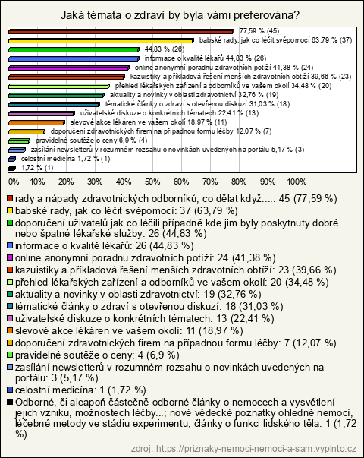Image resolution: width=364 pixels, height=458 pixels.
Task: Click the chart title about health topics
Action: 180,15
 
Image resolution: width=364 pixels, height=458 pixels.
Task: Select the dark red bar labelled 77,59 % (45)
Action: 121,32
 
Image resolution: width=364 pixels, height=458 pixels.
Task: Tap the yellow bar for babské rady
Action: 101,40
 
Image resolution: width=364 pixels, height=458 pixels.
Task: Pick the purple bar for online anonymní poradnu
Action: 69,68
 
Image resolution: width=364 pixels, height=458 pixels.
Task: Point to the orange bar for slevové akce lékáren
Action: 36,123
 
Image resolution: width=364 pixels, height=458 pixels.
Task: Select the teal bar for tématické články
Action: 55,104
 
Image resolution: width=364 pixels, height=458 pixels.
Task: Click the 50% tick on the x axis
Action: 152,182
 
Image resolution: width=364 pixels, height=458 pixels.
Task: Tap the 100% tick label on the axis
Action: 297,182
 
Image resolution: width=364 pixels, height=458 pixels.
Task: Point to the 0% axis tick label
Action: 14,182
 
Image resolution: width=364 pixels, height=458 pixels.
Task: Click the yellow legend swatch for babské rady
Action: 10,210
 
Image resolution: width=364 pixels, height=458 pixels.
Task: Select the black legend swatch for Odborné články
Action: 10,403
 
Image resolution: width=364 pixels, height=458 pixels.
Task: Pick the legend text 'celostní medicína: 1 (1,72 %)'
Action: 80,390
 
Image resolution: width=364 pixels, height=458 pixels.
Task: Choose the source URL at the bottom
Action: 243,449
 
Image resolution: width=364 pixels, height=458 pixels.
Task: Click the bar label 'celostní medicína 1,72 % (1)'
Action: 66,159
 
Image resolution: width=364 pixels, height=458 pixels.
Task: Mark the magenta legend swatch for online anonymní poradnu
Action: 10,257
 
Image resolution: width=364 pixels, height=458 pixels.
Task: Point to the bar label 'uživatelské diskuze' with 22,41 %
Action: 169,113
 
